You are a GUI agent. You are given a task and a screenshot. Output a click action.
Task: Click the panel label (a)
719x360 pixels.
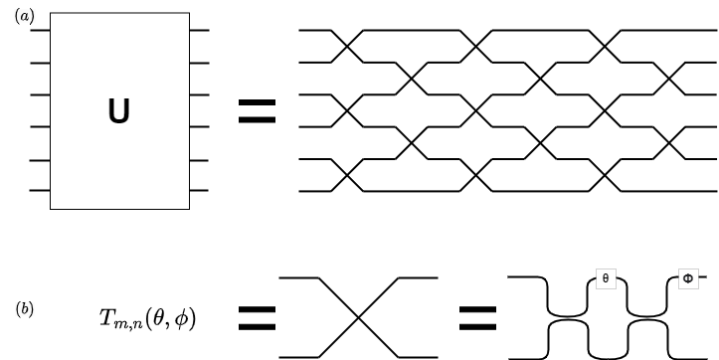pos(23,17)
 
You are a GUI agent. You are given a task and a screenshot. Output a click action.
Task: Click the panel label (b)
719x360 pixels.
pos(25,308)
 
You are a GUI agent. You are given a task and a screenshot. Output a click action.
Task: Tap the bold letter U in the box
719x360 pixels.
pos(118,112)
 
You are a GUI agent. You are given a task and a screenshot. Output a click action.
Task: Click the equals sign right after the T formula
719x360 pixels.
pos(257,317)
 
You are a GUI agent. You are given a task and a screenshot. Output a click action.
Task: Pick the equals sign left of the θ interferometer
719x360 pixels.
pos(478,317)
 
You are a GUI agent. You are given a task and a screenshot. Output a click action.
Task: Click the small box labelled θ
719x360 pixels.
pos(606,279)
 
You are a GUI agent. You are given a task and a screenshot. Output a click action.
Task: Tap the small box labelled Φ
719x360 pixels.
pos(687,279)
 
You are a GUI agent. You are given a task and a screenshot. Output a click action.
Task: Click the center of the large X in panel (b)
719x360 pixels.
pos(358,317)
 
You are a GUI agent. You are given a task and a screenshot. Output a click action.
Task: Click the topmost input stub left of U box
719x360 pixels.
pos(40,31)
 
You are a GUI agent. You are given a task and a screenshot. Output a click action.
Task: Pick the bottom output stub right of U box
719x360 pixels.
pos(199,189)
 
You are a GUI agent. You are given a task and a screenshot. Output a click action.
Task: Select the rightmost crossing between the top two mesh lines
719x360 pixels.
pos(609,47)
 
